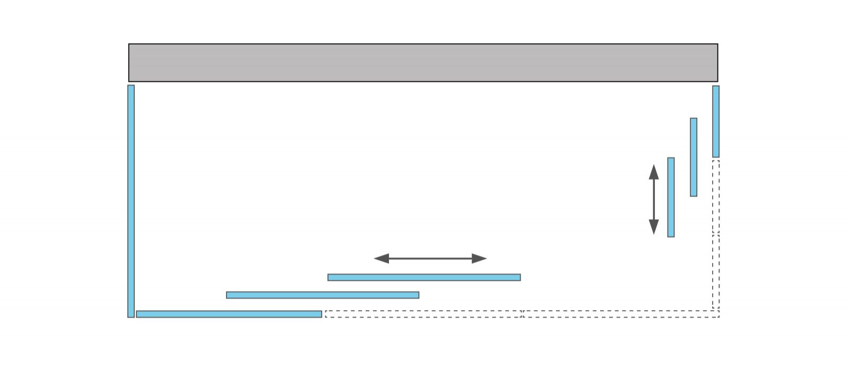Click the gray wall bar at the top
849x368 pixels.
click(423, 63)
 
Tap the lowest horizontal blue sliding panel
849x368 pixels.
click(229, 314)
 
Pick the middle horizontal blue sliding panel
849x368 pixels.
click(323, 295)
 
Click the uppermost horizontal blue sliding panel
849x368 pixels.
click(424, 277)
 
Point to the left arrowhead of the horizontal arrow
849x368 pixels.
click(382, 259)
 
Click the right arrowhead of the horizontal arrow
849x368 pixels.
click(479, 259)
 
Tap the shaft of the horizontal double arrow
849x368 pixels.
click(430, 259)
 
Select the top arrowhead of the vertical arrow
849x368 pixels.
click(654, 172)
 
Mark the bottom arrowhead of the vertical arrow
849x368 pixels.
click(654, 227)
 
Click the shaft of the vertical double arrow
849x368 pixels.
click(654, 199)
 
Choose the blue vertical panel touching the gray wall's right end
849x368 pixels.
click(716, 121)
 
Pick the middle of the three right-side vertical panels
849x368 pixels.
click(694, 157)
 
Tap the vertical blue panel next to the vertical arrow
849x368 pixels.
click(671, 197)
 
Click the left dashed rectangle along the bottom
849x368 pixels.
click(423, 314)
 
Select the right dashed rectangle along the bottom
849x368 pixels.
click(621, 314)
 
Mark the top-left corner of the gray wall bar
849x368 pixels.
click(129, 45)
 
